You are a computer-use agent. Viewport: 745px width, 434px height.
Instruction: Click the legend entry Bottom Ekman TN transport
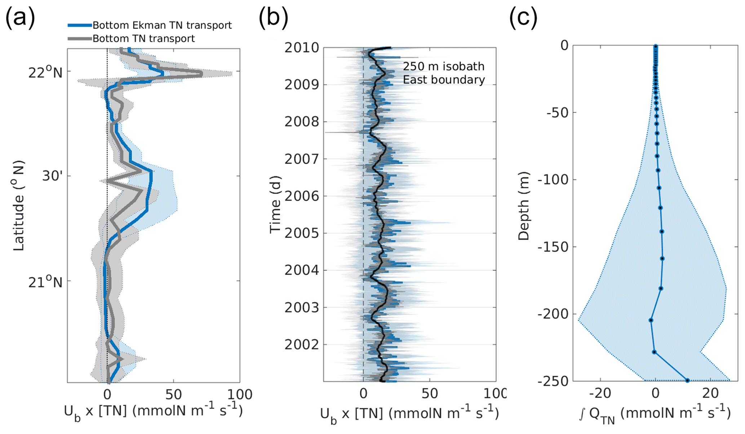(x=162, y=25)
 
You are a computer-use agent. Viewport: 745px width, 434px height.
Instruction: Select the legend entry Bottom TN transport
(x=143, y=39)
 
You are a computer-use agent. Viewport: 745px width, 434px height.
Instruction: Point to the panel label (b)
(x=273, y=18)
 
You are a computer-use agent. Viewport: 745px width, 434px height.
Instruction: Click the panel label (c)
(x=523, y=18)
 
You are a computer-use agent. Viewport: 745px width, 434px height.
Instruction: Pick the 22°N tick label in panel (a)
(x=45, y=72)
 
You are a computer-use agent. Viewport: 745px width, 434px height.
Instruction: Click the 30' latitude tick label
(x=52, y=176)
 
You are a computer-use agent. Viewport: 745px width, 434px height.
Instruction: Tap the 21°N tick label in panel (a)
(x=45, y=282)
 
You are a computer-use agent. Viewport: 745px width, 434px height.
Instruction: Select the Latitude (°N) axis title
(x=19, y=206)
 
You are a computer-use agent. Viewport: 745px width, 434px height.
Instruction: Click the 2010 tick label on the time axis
(x=302, y=48)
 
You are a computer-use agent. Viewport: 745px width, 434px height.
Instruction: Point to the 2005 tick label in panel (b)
(x=302, y=233)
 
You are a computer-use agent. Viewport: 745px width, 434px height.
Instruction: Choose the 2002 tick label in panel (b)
(x=302, y=345)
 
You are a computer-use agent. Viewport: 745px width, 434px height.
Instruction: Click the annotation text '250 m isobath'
(x=443, y=66)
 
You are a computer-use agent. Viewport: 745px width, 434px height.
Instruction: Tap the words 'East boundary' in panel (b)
(x=444, y=80)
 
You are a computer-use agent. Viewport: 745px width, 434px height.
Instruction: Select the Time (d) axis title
(x=275, y=204)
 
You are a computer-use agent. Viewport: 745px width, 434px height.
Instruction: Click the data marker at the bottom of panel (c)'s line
(x=687, y=380)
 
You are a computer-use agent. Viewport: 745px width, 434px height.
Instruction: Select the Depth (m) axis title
(x=523, y=206)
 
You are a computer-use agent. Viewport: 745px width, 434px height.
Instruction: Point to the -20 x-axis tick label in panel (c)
(x=600, y=393)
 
